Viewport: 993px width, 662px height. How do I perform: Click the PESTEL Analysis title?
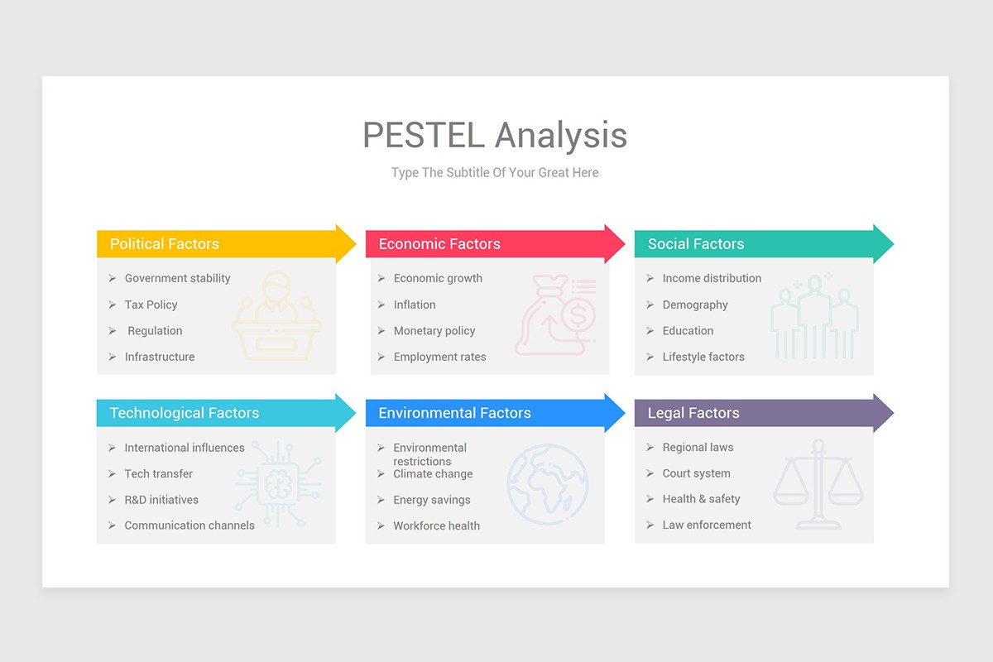tap(495, 135)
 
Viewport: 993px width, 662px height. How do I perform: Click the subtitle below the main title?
tap(495, 173)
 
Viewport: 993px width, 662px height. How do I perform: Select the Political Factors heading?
tap(165, 244)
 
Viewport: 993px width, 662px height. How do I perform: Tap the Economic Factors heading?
tap(439, 244)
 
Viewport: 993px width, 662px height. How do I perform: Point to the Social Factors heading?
tap(696, 244)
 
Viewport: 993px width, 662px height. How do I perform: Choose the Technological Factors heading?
tap(185, 413)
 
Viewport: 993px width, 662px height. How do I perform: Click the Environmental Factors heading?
tap(454, 413)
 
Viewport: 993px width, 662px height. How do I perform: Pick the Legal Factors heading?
tap(693, 413)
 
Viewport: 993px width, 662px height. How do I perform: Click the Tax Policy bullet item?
tap(151, 305)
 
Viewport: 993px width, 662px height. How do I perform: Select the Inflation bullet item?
tap(415, 305)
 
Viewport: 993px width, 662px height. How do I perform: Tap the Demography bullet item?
tap(695, 305)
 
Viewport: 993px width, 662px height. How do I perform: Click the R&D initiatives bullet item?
tap(161, 500)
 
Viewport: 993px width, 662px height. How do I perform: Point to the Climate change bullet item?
tap(433, 474)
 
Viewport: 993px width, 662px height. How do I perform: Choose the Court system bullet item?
tap(696, 473)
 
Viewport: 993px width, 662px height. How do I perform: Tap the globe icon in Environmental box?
tap(547, 485)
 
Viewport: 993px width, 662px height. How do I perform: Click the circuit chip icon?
tap(277, 485)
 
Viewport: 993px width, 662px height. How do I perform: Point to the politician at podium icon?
tap(276, 316)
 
